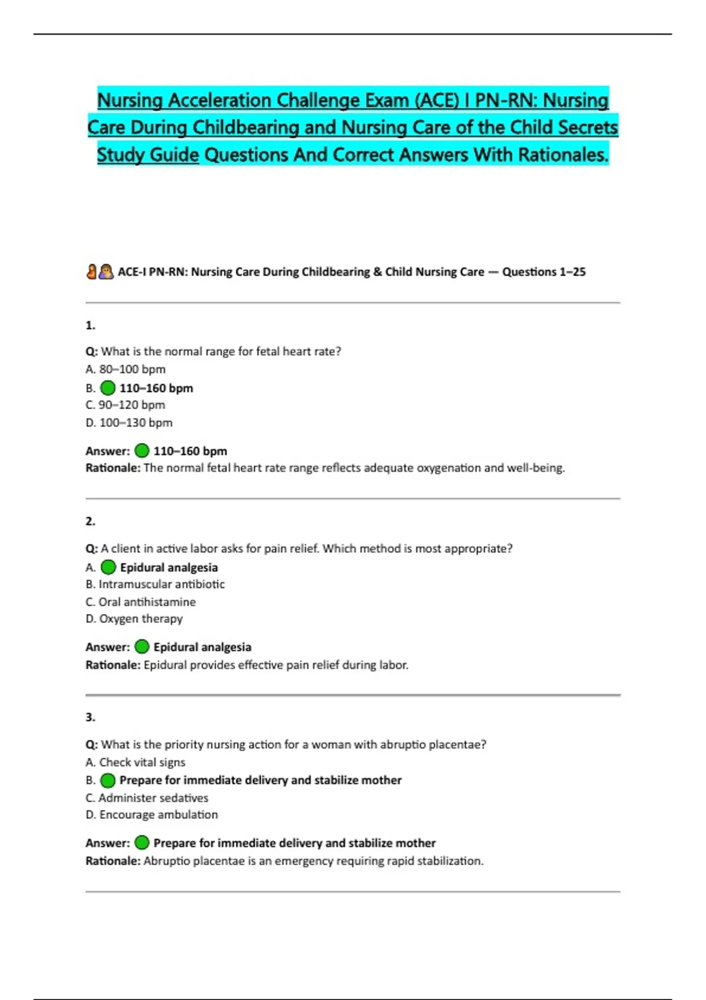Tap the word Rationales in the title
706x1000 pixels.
click(562, 155)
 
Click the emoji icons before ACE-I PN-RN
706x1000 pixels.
click(99, 272)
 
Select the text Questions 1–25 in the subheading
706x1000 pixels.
click(544, 272)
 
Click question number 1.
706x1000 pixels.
click(90, 325)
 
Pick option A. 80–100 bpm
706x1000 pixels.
click(125, 369)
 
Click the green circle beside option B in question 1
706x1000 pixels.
click(108, 388)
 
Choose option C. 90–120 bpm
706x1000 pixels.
click(125, 405)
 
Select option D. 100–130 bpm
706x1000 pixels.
click(129, 423)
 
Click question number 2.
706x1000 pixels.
click(90, 521)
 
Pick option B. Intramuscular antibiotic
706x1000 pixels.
click(155, 585)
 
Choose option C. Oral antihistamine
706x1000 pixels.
click(141, 602)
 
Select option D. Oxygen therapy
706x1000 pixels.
click(134, 619)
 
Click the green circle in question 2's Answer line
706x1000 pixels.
click(142, 647)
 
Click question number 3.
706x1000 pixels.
click(90, 717)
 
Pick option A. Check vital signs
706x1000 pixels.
click(135, 762)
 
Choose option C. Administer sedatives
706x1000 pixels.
click(147, 798)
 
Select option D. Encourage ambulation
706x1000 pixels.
click(152, 815)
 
